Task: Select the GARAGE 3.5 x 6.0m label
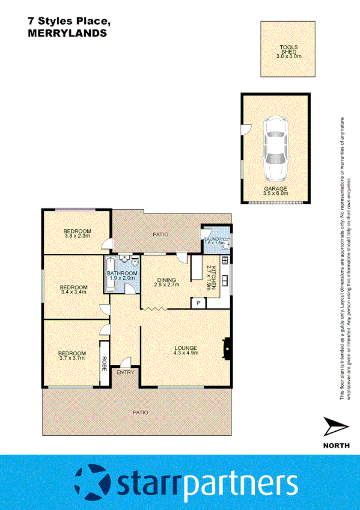coord(276,191)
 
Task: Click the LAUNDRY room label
coord(215,240)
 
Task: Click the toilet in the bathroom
coord(135,264)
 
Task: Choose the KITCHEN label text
coord(212,277)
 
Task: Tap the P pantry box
coord(198,303)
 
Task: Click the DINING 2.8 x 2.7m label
coord(166,282)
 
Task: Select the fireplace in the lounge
coord(226,348)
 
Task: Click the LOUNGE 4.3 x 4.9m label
coord(186,350)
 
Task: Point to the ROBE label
coord(104,363)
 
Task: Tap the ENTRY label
coord(126,372)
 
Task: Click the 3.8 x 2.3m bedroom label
coord(77,233)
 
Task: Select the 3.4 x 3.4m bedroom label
coord(74,289)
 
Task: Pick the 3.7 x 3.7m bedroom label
coord(71,355)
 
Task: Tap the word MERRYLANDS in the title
coord(67,34)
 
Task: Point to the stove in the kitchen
coord(225,261)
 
